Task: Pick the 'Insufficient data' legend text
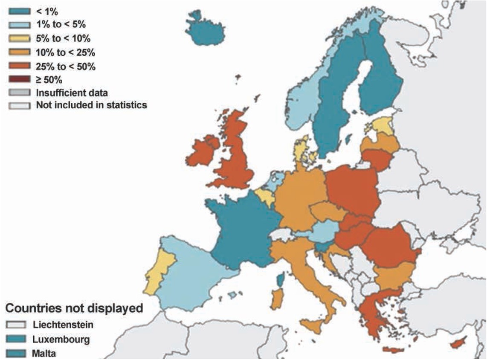point(72,93)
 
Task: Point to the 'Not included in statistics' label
point(91,105)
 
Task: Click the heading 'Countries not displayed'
point(73,308)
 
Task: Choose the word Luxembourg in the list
point(61,340)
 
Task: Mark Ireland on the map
point(201,152)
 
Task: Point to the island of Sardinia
point(276,298)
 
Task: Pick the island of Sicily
point(316,327)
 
